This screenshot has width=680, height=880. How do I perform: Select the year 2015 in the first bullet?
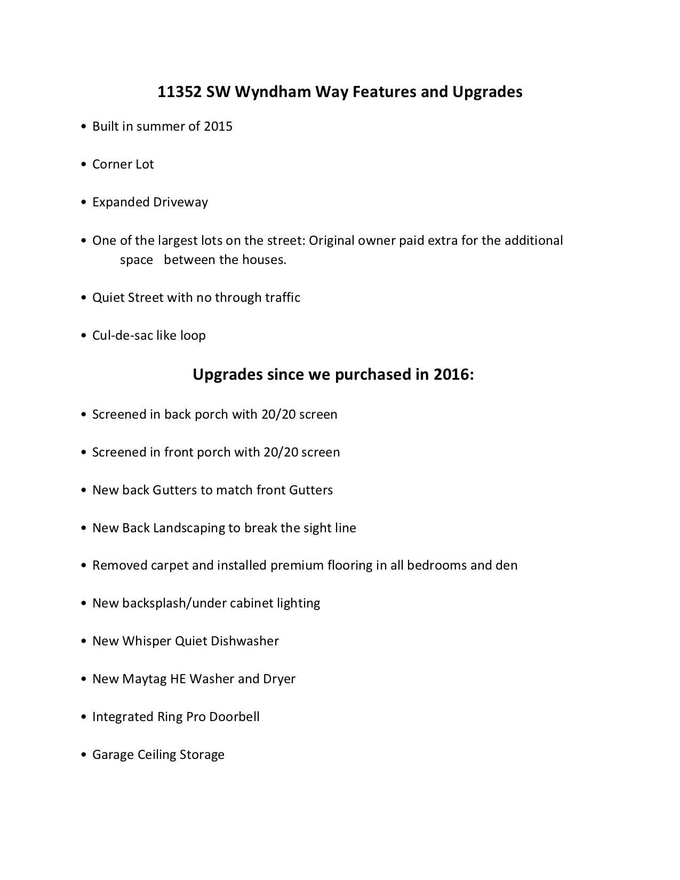[218, 126]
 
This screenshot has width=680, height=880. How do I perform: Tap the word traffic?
[283, 298]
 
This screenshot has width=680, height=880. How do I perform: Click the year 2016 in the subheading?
[453, 374]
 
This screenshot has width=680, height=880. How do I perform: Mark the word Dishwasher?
[245, 641]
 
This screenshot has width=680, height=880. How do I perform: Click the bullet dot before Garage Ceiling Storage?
[84, 755]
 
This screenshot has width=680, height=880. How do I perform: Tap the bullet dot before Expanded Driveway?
[84, 202]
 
